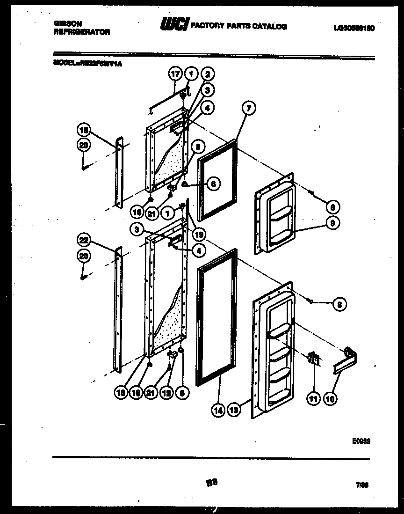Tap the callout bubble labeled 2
tap(207, 74)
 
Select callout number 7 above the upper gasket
tap(248, 109)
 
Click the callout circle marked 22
tap(84, 241)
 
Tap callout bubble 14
tap(218, 410)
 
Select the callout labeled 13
tap(233, 410)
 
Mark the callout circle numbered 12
tap(166, 394)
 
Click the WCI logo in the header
tap(174, 25)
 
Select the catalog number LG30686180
tap(354, 28)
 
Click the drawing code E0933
tap(361, 441)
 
